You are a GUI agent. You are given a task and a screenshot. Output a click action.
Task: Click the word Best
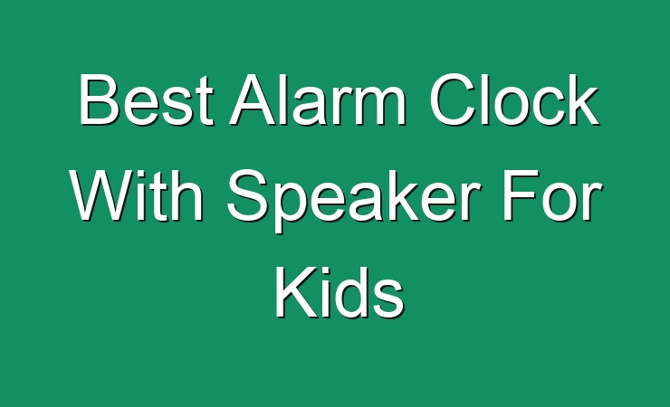(146, 99)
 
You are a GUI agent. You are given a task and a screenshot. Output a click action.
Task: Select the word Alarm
(317, 99)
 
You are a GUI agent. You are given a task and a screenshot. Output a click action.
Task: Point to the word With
(137, 195)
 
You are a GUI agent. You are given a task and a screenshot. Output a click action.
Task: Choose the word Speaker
(353, 201)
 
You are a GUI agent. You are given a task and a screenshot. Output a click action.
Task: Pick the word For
(552, 195)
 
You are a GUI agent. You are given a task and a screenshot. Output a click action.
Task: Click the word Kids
(340, 291)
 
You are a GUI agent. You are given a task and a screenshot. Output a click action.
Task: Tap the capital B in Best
(99, 99)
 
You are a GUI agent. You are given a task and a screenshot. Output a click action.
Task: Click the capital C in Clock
(452, 99)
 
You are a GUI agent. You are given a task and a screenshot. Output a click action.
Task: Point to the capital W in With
(105, 195)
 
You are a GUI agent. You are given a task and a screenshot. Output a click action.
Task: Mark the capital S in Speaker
(247, 195)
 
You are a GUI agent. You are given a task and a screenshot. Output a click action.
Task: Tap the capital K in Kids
(297, 291)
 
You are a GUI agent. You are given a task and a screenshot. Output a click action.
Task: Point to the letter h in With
(187, 195)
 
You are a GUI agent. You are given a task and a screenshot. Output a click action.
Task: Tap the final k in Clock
(582, 99)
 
